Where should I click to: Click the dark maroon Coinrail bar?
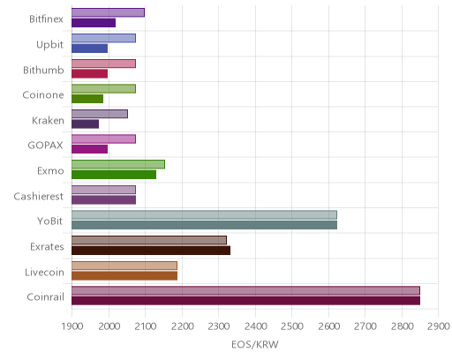(x=245, y=301)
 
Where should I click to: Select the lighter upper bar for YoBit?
(x=204, y=215)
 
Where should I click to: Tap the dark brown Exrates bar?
(x=151, y=251)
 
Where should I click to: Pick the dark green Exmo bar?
(x=114, y=175)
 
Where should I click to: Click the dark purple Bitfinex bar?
(x=94, y=23)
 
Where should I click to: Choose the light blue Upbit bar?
(x=103, y=38)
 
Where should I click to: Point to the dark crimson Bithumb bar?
(x=89, y=73)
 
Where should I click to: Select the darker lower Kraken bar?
(x=85, y=124)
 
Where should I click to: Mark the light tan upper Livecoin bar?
(x=124, y=266)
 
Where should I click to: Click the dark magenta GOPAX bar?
(x=89, y=149)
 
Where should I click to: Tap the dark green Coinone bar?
(x=87, y=99)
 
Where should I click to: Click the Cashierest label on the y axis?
(x=39, y=196)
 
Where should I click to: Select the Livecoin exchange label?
(x=44, y=272)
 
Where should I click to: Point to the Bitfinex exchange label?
(x=46, y=19)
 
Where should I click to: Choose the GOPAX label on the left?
(x=45, y=146)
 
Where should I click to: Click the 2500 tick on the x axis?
(x=292, y=326)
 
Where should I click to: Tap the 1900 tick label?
(x=72, y=326)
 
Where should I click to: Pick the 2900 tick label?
(x=439, y=326)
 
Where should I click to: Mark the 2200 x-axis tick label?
(x=182, y=326)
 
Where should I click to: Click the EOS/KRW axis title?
(x=255, y=344)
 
